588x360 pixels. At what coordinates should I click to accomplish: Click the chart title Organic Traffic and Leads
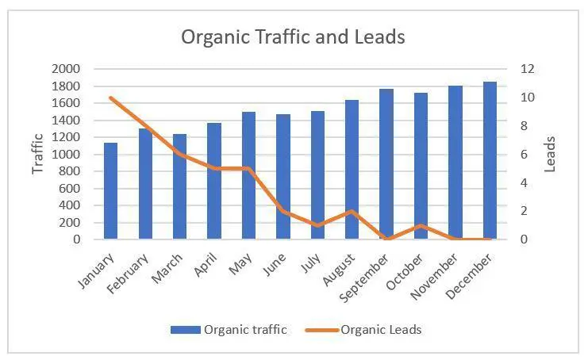click(x=293, y=37)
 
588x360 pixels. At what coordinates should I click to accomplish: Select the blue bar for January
click(x=110, y=191)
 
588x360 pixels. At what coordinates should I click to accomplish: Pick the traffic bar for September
click(x=386, y=164)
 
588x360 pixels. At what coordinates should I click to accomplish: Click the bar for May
click(x=248, y=175)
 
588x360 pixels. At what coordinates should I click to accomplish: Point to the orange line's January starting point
click(x=110, y=98)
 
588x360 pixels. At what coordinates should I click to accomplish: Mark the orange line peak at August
click(x=352, y=211)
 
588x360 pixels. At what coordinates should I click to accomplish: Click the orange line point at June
click(x=282, y=211)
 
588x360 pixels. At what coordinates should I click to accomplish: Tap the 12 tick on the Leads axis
click(x=528, y=69)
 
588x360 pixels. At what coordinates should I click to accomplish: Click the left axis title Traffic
click(x=37, y=154)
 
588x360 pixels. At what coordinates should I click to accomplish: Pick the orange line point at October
click(x=421, y=225)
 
